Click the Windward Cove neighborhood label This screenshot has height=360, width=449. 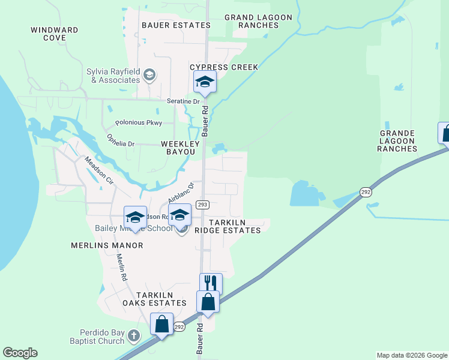point(55,34)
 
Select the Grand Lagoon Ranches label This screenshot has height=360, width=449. point(258,22)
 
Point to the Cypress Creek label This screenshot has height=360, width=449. point(224,67)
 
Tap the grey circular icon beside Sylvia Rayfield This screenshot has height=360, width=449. point(149,76)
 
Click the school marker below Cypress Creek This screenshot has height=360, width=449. point(204,82)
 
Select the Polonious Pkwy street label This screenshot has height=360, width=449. point(139,122)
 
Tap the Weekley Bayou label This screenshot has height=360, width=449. point(178,148)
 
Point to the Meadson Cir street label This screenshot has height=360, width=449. point(99,170)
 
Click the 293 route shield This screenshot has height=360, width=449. point(202,205)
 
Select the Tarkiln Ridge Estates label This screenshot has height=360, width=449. point(227,226)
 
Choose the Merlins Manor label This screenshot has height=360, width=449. point(107,245)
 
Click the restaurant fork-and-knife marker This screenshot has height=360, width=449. point(211,283)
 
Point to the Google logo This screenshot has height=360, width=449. point(20,353)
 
